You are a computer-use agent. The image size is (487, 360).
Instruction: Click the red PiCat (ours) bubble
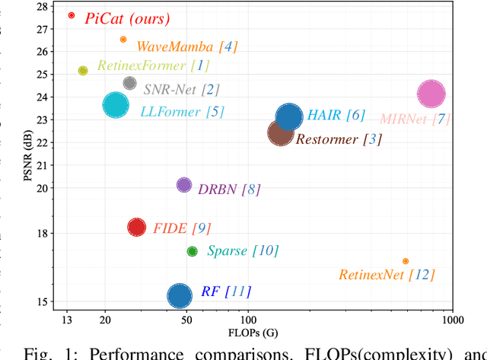(x=72, y=15)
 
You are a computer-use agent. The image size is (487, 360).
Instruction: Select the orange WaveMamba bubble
(x=123, y=40)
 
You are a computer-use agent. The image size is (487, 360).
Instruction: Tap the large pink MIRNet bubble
(x=431, y=94)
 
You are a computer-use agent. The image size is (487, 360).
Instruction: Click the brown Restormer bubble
(x=281, y=133)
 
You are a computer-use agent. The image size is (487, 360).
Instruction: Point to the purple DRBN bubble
(x=184, y=185)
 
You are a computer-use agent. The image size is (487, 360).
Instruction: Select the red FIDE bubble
(x=136, y=227)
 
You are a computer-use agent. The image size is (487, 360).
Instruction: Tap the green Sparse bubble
(x=193, y=251)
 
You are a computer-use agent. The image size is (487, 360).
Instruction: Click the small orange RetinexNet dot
(x=406, y=261)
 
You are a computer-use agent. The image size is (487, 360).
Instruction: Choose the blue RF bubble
(x=180, y=295)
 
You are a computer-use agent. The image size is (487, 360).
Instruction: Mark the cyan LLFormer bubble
(x=116, y=106)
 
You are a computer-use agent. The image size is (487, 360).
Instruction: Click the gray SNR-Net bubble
(x=129, y=83)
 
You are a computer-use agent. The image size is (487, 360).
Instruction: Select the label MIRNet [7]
(x=415, y=119)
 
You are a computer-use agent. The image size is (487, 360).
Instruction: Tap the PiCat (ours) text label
(x=128, y=18)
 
